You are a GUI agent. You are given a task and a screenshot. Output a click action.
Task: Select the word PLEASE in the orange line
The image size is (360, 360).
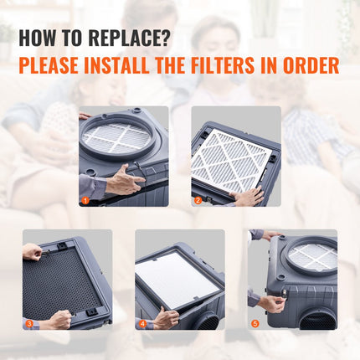click(x=54, y=65)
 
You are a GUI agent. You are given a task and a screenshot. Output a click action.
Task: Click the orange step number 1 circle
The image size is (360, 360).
click(x=85, y=201)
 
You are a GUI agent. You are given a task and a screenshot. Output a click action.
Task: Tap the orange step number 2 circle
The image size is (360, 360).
click(x=198, y=201)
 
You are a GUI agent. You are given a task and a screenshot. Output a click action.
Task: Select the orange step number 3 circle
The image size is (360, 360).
click(x=29, y=323)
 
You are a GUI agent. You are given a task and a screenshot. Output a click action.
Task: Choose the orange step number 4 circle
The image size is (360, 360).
click(x=142, y=323)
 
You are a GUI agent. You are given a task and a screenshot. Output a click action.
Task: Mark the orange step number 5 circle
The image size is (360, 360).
click(x=255, y=323)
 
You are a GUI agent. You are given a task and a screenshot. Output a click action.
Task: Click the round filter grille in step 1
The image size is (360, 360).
click(x=117, y=136)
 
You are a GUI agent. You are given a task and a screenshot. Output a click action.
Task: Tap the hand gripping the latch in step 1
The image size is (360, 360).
click(x=121, y=178)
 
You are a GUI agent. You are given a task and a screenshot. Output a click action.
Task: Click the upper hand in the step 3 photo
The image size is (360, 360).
click(x=32, y=250)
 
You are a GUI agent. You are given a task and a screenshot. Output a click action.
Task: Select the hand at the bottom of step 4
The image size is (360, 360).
click(x=166, y=317)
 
